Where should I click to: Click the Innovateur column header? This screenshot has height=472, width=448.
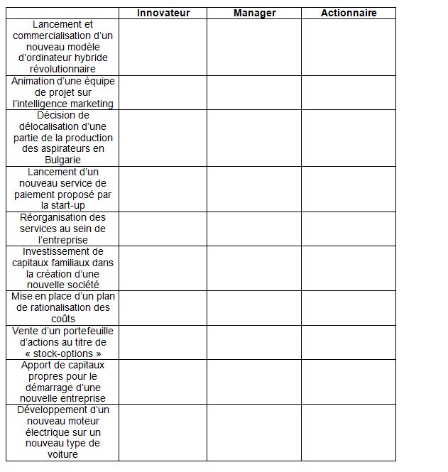[163, 13]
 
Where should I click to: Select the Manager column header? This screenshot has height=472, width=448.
[254, 13]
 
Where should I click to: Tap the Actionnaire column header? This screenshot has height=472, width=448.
[349, 13]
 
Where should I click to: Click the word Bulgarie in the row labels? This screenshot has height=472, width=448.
[62, 160]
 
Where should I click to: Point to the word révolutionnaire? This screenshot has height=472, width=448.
[62, 70]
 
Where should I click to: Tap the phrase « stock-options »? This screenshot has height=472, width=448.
[62, 353]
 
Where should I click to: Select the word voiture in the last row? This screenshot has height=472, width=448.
[62, 455]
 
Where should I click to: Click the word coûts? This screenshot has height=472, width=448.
[62, 319]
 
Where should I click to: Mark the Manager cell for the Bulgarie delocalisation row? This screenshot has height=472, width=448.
[254, 138]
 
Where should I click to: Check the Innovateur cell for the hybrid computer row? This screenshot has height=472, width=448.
[163, 47]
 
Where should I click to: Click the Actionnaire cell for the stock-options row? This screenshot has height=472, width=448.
[349, 342]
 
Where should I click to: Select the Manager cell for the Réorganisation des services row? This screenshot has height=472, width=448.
[254, 229]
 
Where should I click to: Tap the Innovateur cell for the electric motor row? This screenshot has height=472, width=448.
[163, 432]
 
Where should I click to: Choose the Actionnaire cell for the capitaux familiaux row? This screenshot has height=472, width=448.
[349, 268]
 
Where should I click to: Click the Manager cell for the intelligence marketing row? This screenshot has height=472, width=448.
[254, 92]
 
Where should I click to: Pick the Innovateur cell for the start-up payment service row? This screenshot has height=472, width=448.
[163, 189]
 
